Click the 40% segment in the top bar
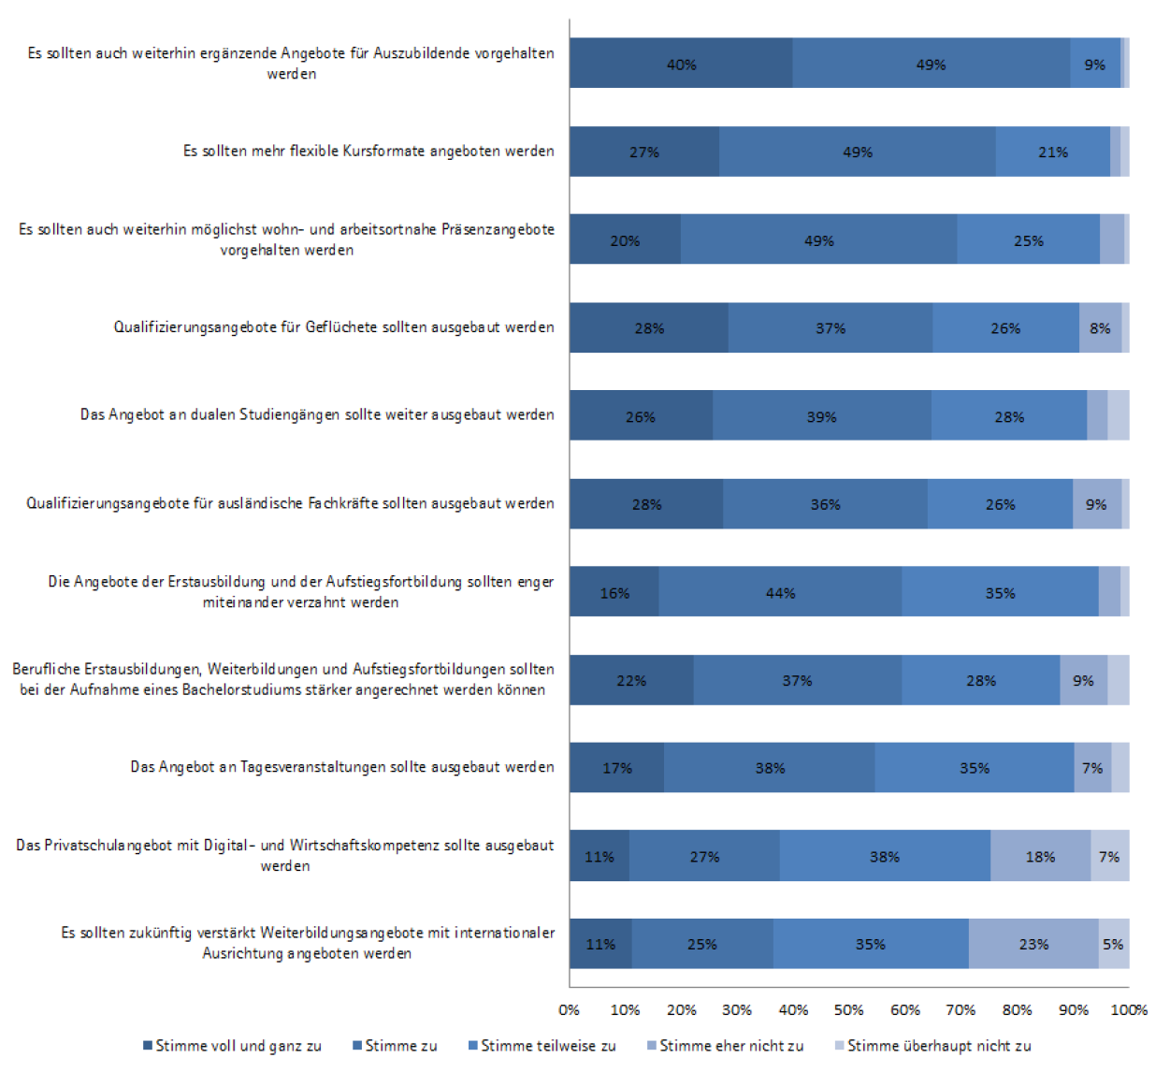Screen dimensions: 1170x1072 [681, 63]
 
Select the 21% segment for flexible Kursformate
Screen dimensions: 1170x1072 [1053, 152]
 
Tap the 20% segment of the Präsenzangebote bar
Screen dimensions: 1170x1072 [626, 239]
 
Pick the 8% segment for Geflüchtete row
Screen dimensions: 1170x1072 [1100, 327]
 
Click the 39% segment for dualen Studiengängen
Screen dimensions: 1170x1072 [822, 415]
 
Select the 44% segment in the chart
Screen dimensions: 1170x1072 [780, 591]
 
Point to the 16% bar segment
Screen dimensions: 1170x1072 [614, 591]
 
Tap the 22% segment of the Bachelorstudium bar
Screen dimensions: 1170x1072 [631, 680]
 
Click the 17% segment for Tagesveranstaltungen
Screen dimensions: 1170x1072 [617, 767]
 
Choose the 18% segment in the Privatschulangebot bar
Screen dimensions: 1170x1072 [1041, 856]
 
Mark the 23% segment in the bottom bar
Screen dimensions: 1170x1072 [1033, 944]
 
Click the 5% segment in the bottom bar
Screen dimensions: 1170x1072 [1114, 944]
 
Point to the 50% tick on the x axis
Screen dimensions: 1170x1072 [848, 1010]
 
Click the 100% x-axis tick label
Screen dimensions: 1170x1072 [1129, 1010]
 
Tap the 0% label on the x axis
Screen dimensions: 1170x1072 [569, 1010]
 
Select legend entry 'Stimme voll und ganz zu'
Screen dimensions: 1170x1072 [232, 1046]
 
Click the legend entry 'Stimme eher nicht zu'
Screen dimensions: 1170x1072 [725, 1046]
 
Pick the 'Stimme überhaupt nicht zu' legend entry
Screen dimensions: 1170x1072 [932, 1046]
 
